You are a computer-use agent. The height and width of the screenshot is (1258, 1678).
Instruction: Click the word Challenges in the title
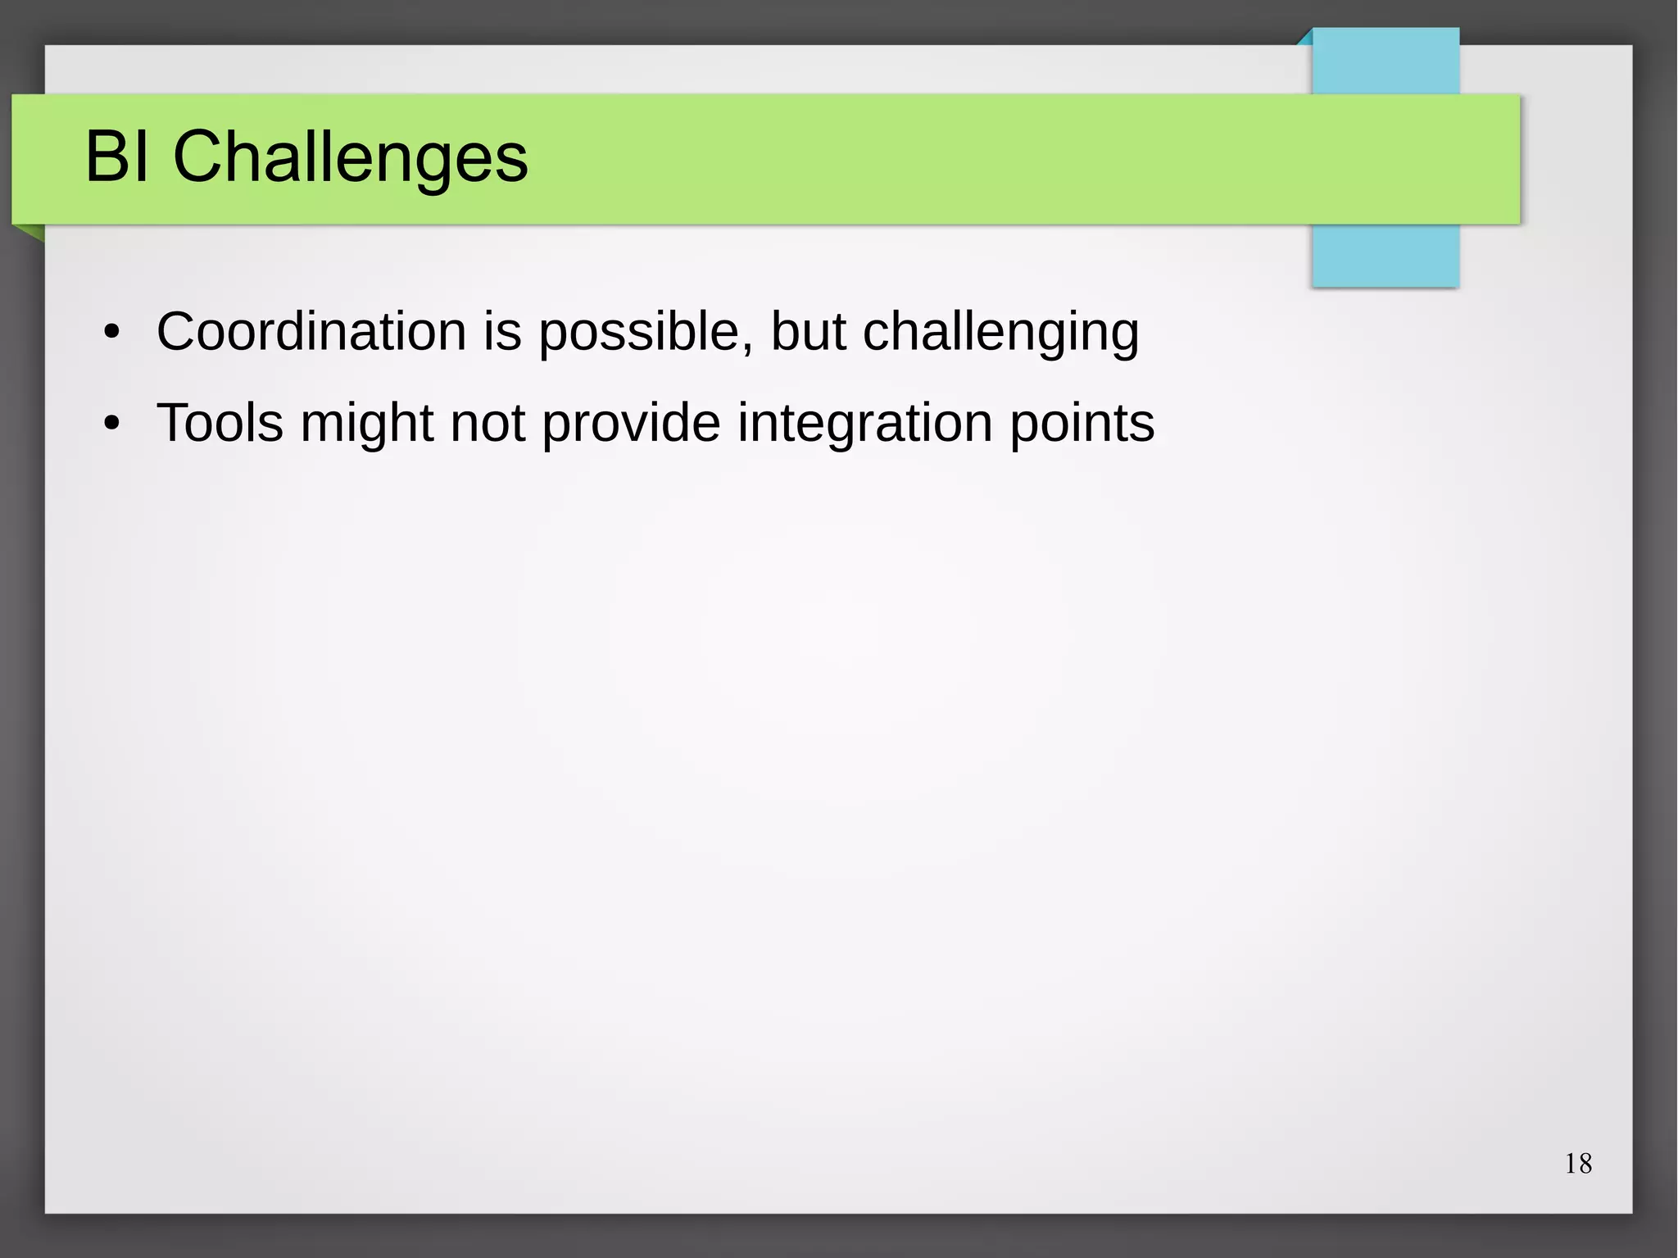point(350,158)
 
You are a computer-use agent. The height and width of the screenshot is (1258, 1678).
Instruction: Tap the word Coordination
point(311,332)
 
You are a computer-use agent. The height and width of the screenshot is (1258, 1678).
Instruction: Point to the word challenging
point(1000,334)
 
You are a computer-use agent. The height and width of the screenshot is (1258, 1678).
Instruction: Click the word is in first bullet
point(501,332)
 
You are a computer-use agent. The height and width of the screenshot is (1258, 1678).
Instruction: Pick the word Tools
point(220,424)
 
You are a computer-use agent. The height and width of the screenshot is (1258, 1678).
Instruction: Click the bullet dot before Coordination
point(112,334)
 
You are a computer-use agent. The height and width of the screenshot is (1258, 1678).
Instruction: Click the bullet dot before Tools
point(112,425)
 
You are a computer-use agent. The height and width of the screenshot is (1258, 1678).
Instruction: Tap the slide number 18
point(1578,1164)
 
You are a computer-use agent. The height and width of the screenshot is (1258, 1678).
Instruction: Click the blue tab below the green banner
point(1385,255)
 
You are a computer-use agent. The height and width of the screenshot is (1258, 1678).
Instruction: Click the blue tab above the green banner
point(1385,61)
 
